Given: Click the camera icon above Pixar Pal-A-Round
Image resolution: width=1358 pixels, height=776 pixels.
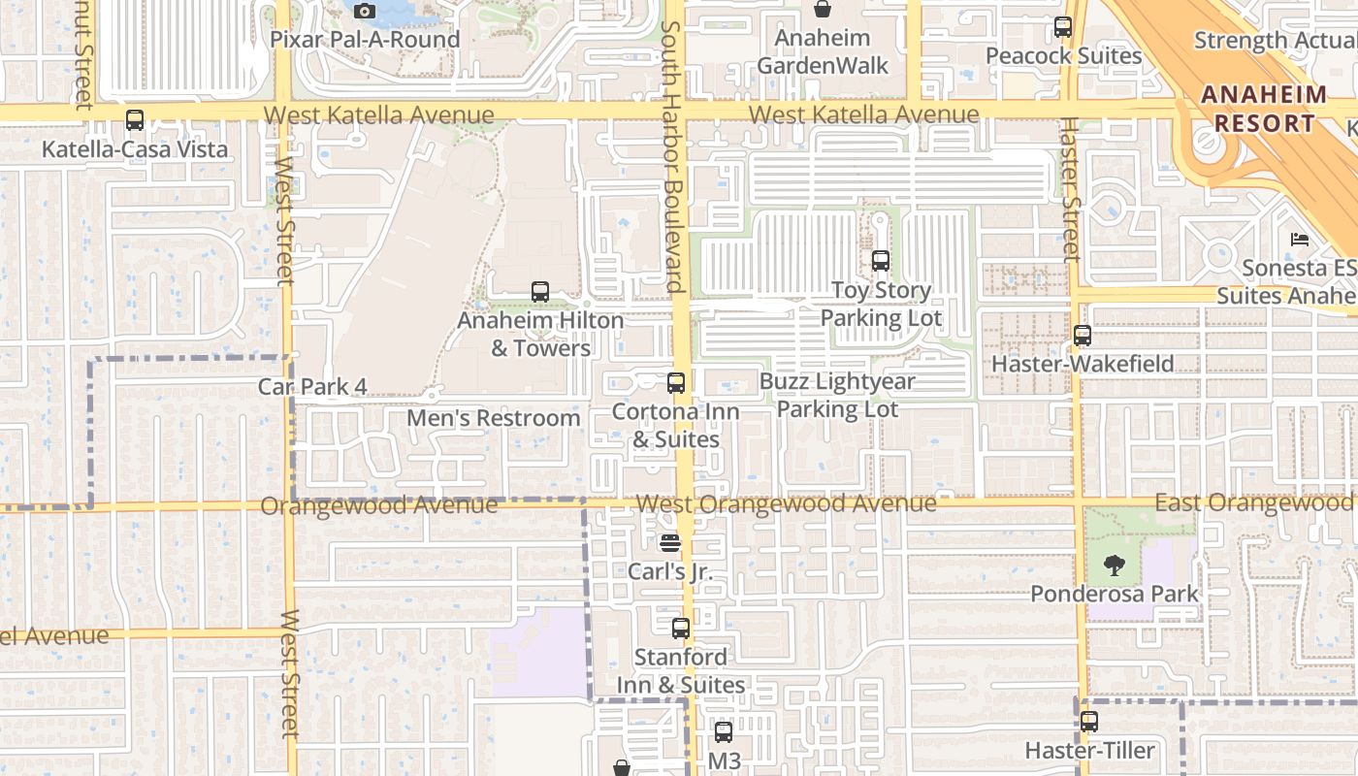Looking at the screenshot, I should [365, 12].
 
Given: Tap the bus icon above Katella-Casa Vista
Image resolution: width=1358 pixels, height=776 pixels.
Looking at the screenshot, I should [135, 121].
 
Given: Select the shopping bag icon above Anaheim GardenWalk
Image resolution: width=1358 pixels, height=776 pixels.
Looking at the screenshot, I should [823, 10].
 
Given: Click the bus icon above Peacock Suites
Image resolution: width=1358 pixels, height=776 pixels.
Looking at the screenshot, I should [1063, 27].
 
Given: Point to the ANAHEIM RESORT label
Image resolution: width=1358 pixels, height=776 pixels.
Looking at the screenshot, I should [1264, 110].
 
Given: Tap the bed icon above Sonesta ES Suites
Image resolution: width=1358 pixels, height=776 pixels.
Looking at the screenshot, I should [1300, 239].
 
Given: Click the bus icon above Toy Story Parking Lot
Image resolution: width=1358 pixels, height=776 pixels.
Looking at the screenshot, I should [881, 261].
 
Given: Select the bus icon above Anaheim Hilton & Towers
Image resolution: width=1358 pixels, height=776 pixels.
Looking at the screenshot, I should [540, 292].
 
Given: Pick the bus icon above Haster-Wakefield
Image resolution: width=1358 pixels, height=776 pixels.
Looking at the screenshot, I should [1083, 337].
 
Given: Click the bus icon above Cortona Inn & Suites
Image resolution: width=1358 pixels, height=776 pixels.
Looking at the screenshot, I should [676, 383].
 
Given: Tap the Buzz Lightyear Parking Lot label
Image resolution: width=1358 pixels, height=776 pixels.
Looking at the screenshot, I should [836, 395].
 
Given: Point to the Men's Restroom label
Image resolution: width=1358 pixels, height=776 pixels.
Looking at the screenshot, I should [493, 418].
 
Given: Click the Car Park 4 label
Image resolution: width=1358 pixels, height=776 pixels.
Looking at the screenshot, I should [312, 386].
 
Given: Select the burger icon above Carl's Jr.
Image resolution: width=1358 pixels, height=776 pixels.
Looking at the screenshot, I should [670, 542].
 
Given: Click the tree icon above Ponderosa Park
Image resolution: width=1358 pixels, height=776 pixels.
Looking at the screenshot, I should [1115, 564].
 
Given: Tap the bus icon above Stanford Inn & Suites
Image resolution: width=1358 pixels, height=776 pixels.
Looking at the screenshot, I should [681, 629].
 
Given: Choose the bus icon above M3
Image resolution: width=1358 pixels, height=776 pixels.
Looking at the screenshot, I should [724, 732].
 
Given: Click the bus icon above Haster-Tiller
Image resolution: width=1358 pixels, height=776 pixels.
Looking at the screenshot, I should [1089, 722].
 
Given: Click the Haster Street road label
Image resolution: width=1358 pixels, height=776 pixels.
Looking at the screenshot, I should [1070, 189].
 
